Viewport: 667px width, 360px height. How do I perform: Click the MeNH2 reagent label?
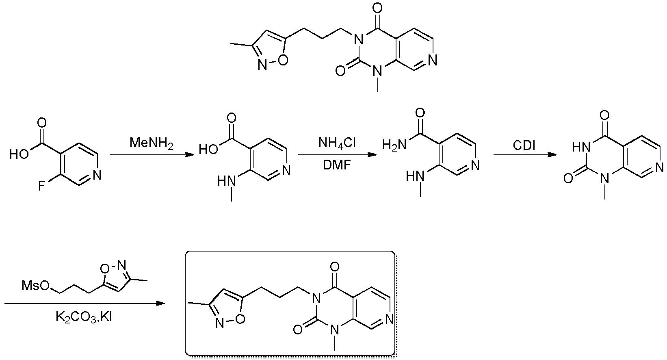coord(151,143)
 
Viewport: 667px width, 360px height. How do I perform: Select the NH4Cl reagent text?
coord(337,143)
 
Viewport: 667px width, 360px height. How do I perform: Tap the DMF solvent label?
coord(337,165)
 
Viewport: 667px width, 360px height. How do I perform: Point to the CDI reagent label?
coord(524,145)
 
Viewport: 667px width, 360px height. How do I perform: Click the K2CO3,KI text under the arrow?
coord(84,317)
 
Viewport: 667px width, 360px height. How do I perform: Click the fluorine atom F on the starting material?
coord(41,186)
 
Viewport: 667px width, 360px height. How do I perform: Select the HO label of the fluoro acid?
coord(19,154)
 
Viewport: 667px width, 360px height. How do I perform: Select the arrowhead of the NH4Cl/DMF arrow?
coord(372,154)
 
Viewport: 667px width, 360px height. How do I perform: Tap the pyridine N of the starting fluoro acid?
coord(97,175)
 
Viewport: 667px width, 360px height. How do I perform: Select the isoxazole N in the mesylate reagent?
coord(121,265)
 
